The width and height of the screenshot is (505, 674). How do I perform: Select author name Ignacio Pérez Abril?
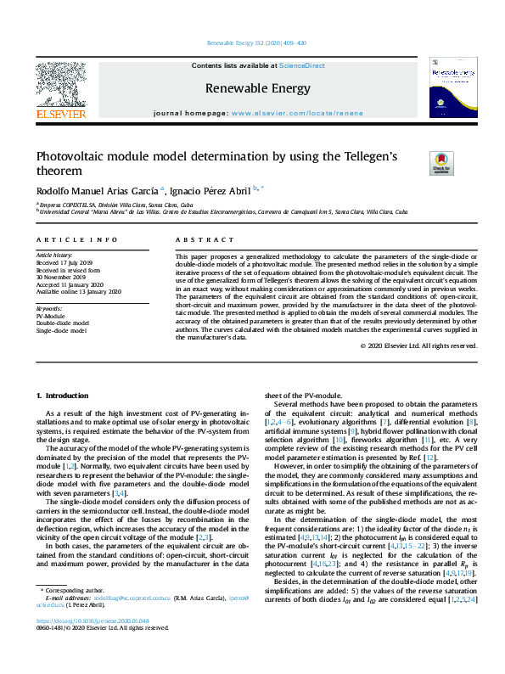point(213,191)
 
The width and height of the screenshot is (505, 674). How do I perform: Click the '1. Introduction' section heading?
point(65,396)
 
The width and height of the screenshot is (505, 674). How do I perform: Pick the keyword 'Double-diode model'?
point(62,323)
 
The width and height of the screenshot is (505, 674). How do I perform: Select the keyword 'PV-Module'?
point(50,316)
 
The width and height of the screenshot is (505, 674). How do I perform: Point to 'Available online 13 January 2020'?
point(79,292)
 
